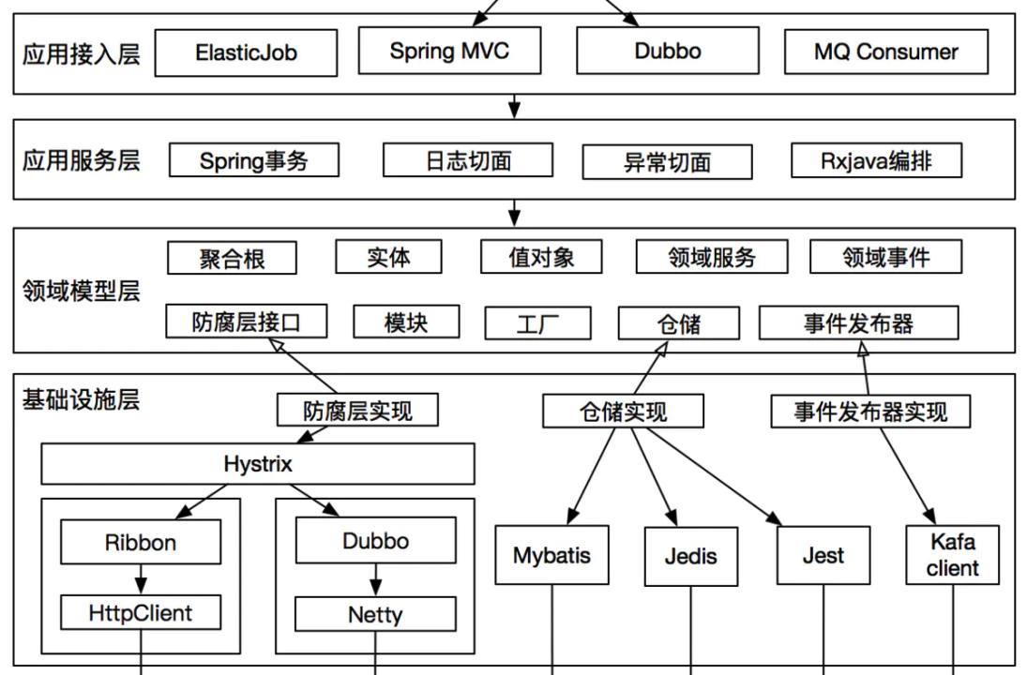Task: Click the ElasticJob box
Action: (x=246, y=52)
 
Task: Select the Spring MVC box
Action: (x=450, y=51)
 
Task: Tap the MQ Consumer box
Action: (x=885, y=52)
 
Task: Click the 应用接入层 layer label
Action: (x=82, y=53)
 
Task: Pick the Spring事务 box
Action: (x=253, y=160)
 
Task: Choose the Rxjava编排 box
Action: (x=876, y=160)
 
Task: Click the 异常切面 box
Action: (x=667, y=162)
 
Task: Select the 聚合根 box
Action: (x=232, y=259)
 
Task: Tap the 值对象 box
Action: (x=541, y=257)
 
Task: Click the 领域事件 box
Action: (x=885, y=257)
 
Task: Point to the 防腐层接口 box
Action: (x=247, y=322)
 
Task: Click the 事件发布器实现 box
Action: (x=869, y=412)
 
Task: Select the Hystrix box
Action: (x=258, y=464)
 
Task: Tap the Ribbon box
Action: (x=141, y=543)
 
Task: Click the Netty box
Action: (x=375, y=615)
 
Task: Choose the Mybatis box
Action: (x=551, y=555)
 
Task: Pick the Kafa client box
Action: (x=953, y=555)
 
